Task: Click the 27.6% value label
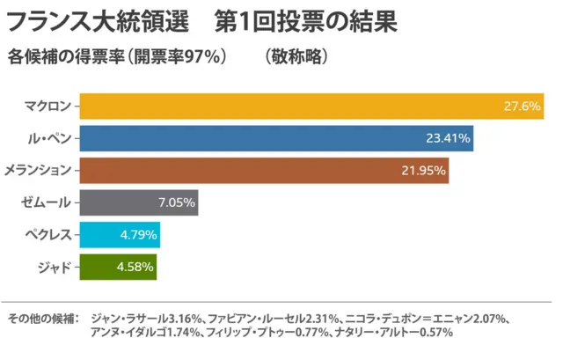522,107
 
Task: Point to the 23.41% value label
449,138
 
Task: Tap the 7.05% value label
176,202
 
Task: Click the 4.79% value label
138,234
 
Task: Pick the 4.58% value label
135,266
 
